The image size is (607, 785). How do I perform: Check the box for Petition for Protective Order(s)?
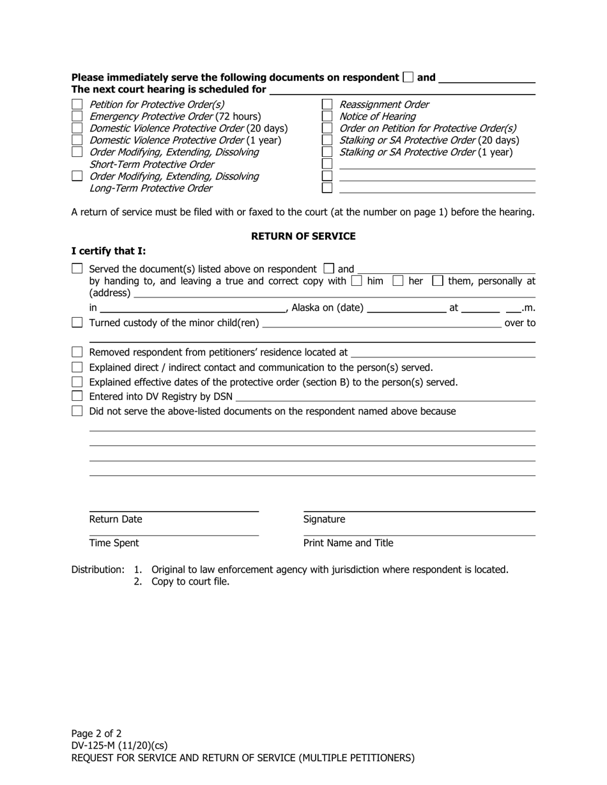(77, 104)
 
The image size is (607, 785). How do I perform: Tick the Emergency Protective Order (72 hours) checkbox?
(77, 116)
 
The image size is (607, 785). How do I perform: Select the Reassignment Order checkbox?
(327, 104)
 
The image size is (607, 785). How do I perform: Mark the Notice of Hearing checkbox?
(327, 116)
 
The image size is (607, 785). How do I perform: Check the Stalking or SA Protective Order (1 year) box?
(327, 152)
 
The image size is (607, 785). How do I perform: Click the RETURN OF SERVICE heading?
(303, 236)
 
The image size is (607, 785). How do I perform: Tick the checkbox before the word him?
(357, 281)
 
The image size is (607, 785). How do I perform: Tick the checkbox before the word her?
(397, 281)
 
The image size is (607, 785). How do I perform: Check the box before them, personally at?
(438, 281)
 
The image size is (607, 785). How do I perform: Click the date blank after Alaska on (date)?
(406, 308)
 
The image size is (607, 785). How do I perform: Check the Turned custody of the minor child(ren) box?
(77, 323)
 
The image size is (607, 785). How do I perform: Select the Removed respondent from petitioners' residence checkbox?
(77, 352)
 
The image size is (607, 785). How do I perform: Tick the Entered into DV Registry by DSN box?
(77, 396)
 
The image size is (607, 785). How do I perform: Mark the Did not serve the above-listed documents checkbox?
(77, 411)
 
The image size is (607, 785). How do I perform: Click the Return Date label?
(116, 520)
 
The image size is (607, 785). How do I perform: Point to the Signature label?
(324, 520)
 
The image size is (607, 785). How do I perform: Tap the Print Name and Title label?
(348, 543)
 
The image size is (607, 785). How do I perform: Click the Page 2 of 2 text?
(96, 733)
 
